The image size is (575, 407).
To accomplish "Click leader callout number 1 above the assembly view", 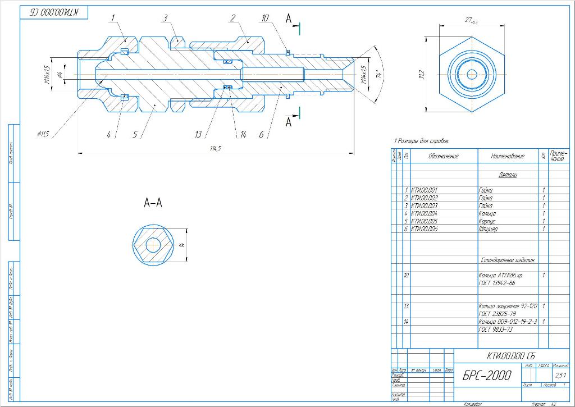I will pyautogui.click(x=112, y=18).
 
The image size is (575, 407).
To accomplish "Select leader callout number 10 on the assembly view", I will pyautogui.click(x=264, y=18).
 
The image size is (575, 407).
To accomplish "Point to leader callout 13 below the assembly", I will pyautogui.click(x=198, y=135).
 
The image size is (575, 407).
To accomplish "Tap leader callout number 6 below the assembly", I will pyautogui.click(x=261, y=135).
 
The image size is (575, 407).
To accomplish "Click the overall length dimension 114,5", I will pyautogui.click(x=215, y=148).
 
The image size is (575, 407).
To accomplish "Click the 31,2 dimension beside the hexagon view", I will pyautogui.click(x=421, y=75).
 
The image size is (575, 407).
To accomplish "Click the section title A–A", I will pyautogui.click(x=153, y=203).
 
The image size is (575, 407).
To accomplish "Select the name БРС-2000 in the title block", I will pyautogui.click(x=487, y=376).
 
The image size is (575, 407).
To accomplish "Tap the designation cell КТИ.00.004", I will pyautogui.click(x=424, y=213).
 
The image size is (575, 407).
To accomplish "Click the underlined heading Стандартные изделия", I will pyautogui.click(x=507, y=260).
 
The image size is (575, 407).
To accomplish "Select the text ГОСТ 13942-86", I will pyautogui.click(x=496, y=283).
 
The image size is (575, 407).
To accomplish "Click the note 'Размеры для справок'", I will pyautogui.click(x=422, y=141).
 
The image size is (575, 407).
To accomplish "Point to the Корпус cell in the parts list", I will pyautogui.click(x=487, y=221).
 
